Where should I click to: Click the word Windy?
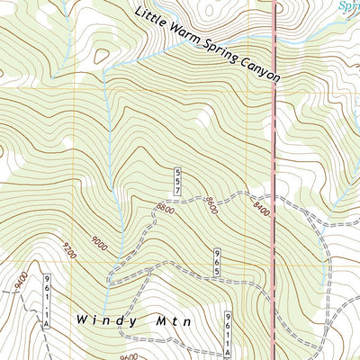[x=104, y=320]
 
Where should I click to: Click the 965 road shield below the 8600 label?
[x=217, y=262]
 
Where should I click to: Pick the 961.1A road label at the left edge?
[x=43, y=302]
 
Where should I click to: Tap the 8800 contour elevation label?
[x=165, y=209]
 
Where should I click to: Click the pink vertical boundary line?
[x=274, y=135]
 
